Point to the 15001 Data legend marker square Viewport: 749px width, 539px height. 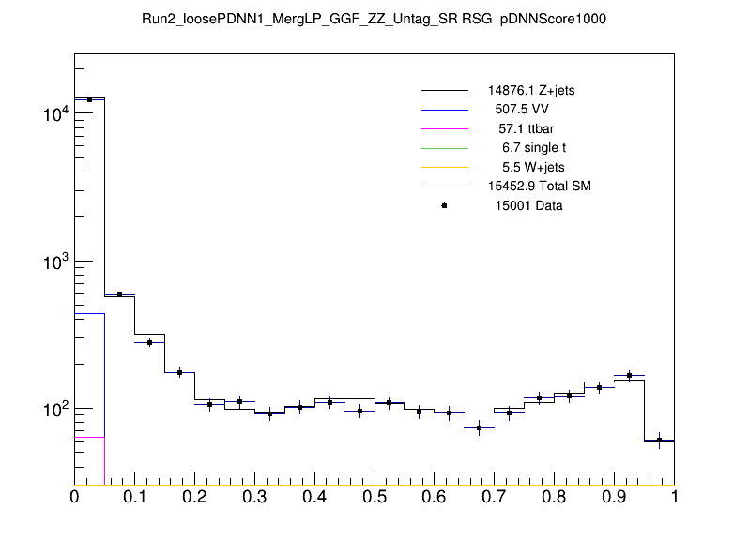(x=444, y=206)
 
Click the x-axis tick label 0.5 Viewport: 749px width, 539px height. (x=374, y=498)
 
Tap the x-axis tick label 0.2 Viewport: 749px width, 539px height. (x=194, y=498)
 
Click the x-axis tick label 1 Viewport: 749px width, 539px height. (x=674, y=498)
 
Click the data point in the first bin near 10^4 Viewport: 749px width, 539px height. (x=89, y=99)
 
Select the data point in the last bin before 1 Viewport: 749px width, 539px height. (x=660, y=440)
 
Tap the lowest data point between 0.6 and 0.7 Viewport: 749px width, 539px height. (x=480, y=427)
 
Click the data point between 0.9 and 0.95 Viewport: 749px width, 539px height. (x=630, y=375)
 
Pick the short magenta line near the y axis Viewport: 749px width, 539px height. (x=89, y=437)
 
